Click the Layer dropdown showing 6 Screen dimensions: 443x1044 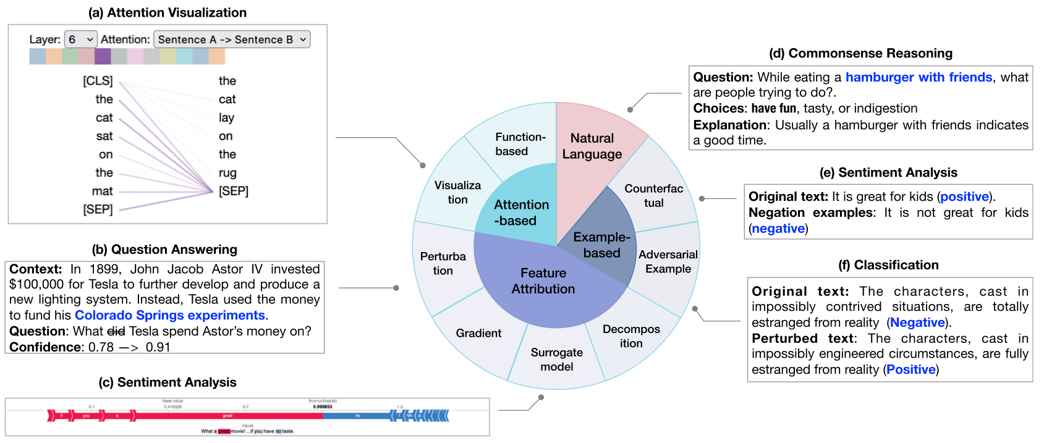(80, 40)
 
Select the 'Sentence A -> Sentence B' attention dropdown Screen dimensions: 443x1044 (232, 40)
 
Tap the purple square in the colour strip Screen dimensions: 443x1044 (103, 56)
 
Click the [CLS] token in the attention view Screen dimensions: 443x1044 (98, 81)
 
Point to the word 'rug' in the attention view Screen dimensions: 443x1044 (227, 173)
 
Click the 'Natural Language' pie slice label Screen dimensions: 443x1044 (592, 146)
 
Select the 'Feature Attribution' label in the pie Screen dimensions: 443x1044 (543, 281)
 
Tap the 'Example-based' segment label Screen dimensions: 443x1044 (601, 245)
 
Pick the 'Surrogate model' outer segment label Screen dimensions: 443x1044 (556, 360)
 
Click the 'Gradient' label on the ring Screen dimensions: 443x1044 (478, 334)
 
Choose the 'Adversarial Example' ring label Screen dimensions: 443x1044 (668, 262)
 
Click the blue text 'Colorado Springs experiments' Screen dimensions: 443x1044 (170, 316)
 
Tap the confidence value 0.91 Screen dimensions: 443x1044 (158, 347)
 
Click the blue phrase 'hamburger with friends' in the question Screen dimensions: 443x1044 (919, 77)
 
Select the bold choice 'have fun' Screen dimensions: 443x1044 (774, 109)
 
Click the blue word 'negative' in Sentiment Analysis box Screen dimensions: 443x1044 (778, 229)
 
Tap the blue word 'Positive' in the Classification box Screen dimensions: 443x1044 (910, 369)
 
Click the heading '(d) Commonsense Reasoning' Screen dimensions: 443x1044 (860, 53)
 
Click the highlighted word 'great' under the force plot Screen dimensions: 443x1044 (224, 431)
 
